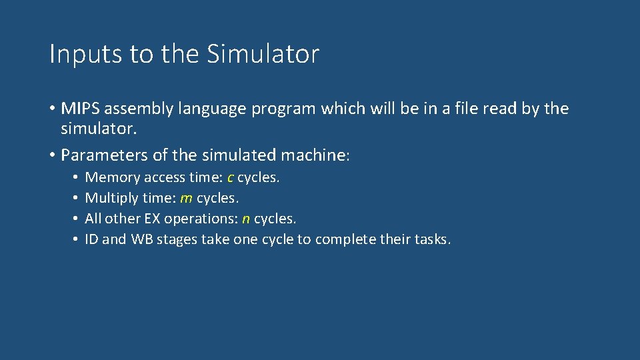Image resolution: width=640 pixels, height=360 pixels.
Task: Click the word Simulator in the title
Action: (263, 54)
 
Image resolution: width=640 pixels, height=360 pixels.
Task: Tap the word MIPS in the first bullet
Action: (79, 109)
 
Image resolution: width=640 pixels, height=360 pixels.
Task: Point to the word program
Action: (283, 109)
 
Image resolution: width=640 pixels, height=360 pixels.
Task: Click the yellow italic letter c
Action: (231, 177)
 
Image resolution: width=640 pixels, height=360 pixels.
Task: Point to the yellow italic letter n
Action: (246, 219)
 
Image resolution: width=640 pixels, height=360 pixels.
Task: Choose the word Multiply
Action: (111, 198)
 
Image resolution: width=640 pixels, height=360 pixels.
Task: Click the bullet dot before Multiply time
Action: (77, 198)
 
